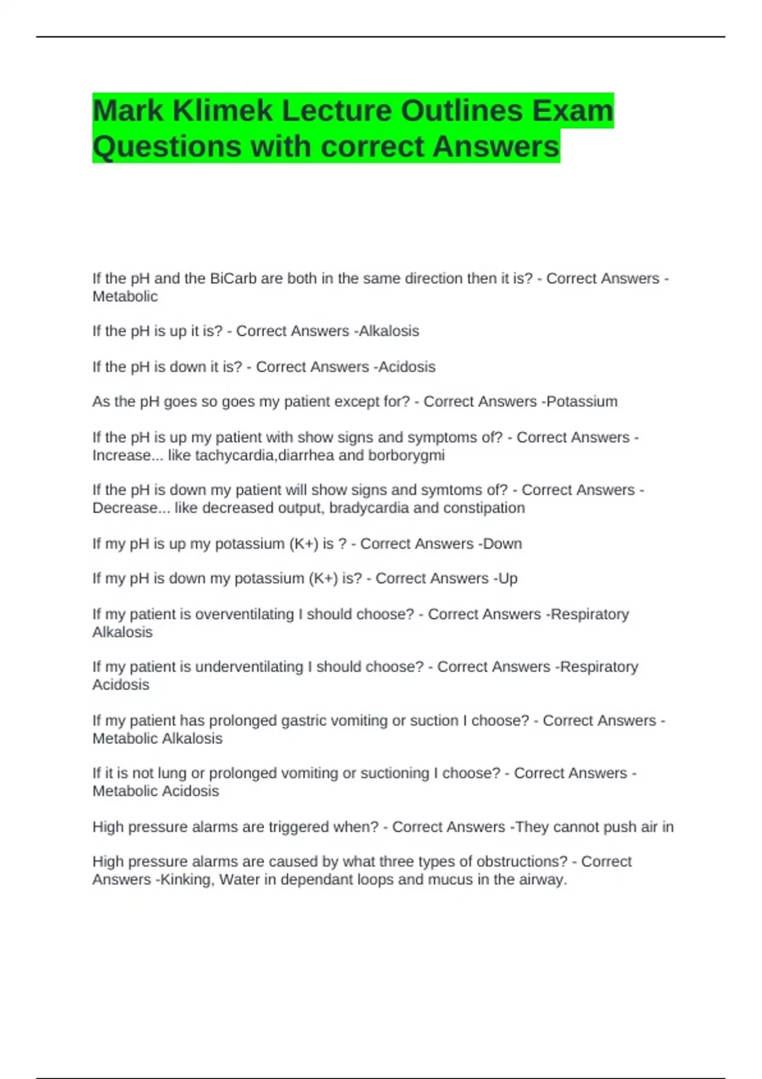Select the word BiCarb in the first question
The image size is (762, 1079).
[x=233, y=279]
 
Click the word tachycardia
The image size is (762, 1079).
[x=236, y=455]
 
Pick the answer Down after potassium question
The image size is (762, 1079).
[x=503, y=544]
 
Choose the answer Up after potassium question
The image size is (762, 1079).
[x=508, y=578]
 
